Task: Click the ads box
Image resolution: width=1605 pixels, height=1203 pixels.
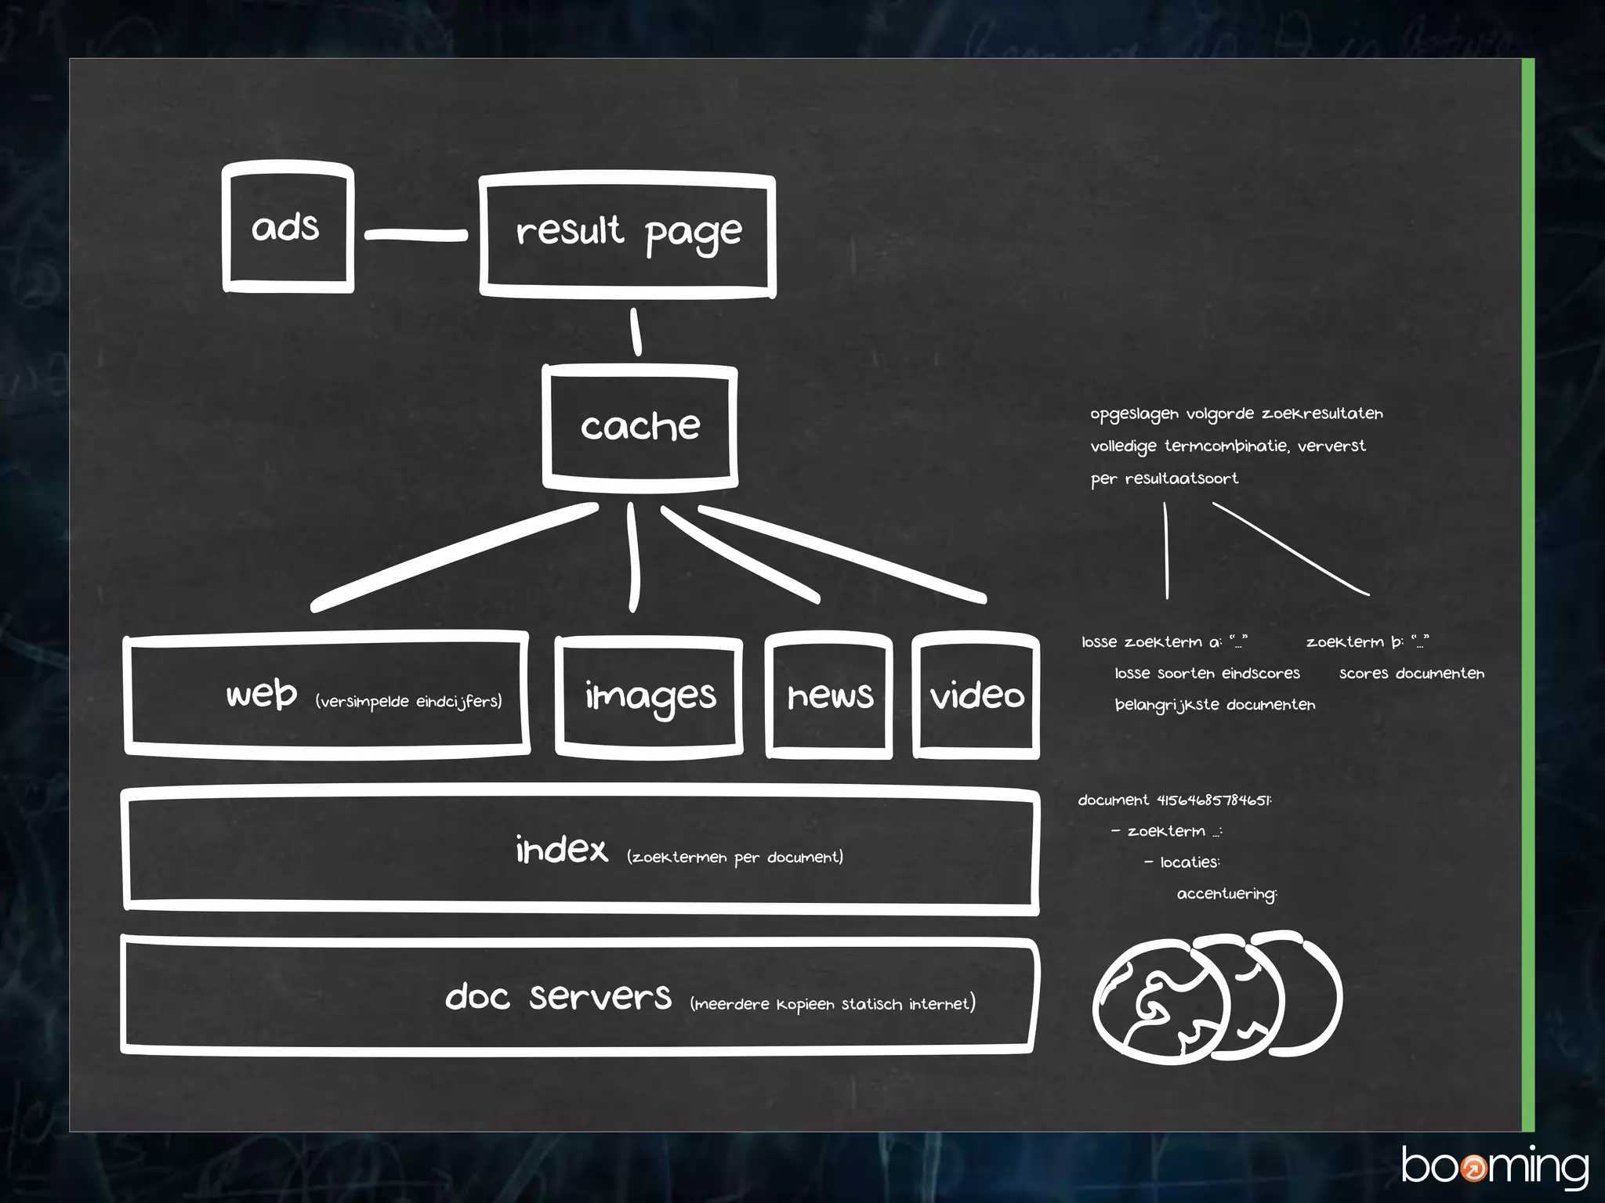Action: coord(288,227)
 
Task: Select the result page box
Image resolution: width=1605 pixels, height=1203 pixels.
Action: coord(628,234)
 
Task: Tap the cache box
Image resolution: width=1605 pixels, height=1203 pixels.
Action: coord(639,427)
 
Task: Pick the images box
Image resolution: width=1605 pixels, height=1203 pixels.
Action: coord(649,695)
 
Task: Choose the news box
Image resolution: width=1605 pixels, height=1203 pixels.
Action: coord(829,695)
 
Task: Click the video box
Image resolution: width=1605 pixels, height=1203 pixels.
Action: coord(976,695)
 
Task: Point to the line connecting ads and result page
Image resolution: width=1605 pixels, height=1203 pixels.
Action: coord(416,234)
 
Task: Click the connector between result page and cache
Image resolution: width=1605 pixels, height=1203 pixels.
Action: coord(636,332)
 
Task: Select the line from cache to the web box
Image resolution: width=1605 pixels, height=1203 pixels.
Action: coord(455,557)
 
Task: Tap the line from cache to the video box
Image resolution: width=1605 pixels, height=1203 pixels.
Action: coord(842,553)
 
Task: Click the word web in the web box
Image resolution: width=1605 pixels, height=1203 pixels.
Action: coord(262,694)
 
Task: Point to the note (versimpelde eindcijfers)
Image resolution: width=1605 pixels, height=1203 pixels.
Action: coord(408,701)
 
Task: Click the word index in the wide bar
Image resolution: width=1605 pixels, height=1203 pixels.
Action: coord(562,850)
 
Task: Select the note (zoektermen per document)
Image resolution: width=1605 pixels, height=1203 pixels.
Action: coord(735,857)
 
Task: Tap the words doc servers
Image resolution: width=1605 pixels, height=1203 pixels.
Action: coord(558,997)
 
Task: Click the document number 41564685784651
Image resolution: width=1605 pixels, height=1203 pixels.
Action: coord(1214,800)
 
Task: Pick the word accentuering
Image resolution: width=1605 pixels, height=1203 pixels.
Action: coord(1226,894)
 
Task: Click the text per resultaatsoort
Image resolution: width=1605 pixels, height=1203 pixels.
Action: coord(1164,479)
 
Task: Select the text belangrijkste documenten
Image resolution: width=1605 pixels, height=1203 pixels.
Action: coord(1215,705)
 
